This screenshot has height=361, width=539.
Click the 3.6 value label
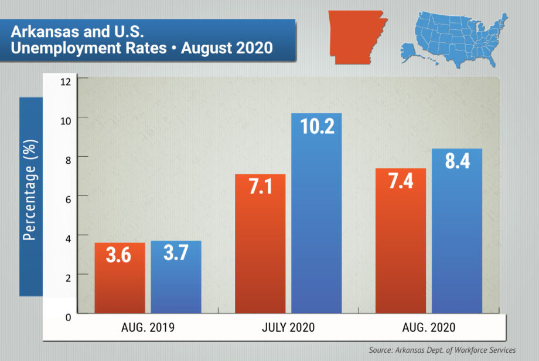click(120, 257)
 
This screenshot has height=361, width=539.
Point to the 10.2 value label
click(316, 126)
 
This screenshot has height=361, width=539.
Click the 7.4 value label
click(401, 181)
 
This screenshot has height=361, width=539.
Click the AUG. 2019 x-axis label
click(148, 328)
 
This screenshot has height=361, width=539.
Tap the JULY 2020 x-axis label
click(288, 328)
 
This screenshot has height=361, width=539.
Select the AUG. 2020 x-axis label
click(429, 328)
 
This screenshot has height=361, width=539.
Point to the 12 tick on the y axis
click(66, 80)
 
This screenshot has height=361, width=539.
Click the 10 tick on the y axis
click(66, 119)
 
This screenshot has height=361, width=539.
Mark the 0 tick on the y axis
click(68, 317)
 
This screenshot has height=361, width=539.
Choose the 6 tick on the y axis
click(68, 198)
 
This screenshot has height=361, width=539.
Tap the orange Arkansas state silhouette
click(356, 35)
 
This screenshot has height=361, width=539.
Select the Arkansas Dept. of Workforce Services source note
click(442, 350)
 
